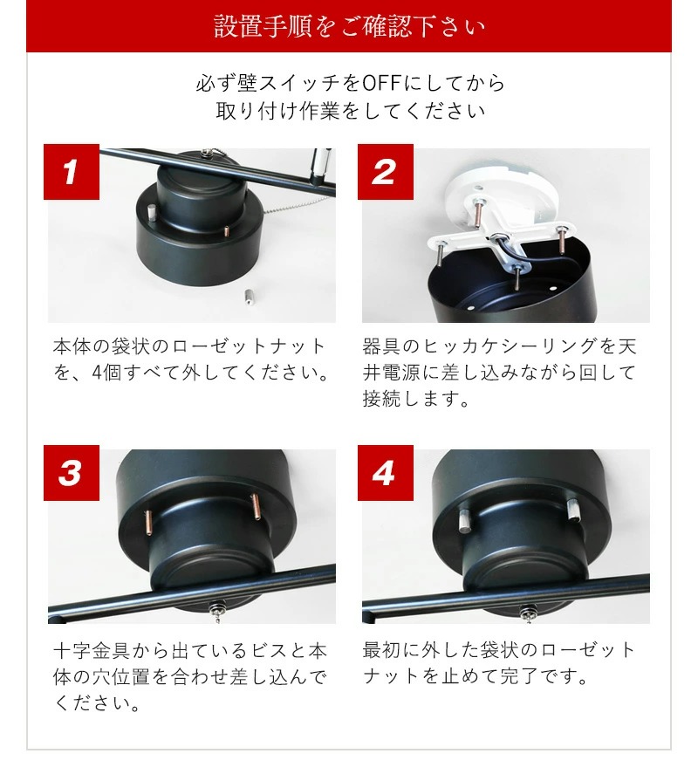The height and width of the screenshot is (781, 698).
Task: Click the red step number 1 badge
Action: pyautogui.click(x=72, y=172)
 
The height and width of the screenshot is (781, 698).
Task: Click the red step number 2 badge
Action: pyautogui.click(x=386, y=172)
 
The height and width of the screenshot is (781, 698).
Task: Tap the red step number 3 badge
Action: pyautogui.click(x=72, y=473)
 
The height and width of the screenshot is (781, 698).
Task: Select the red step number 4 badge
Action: pyautogui.click(x=386, y=473)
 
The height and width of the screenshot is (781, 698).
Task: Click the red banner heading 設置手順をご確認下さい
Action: pyautogui.click(x=349, y=26)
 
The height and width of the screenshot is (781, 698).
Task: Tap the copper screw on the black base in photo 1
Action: pyautogui.click(x=227, y=231)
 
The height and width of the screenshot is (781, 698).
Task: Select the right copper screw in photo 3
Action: pyautogui.click(x=256, y=506)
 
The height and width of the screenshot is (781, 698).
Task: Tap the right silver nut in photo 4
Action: pyautogui.click(x=573, y=509)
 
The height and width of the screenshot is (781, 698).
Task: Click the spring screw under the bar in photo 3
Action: pyautogui.click(x=217, y=611)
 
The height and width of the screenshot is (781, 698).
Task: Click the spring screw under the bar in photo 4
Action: pyautogui.click(x=529, y=612)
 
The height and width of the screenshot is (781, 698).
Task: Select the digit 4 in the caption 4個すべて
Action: pyautogui.click(x=97, y=373)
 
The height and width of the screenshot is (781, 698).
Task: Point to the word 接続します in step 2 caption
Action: pyautogui.click(x=415, y=399)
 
